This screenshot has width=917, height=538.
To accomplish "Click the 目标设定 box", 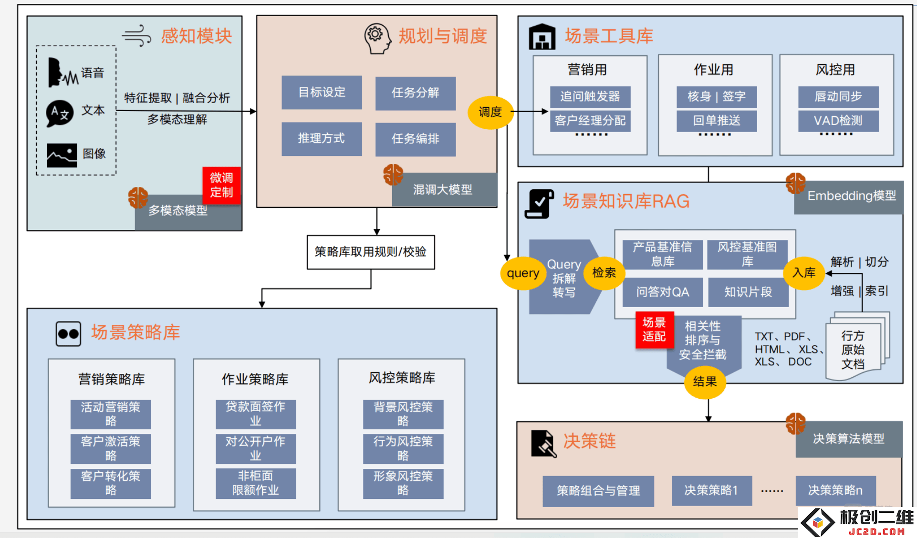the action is pos(322,92).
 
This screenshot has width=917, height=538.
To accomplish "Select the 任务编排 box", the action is pos(416,139).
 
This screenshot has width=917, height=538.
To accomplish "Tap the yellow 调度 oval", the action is pos(490,112).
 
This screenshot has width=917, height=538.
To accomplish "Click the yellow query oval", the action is pos(523,273).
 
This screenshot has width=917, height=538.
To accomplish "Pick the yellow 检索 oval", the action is pos(604,273).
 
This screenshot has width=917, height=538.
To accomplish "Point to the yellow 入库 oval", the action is pos(804,273).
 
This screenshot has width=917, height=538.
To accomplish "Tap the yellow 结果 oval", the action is pos(705,382).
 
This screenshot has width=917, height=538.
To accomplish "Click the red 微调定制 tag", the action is pos(221,185).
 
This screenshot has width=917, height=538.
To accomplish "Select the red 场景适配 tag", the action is pos(654,330).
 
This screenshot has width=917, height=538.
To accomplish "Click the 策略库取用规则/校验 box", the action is pos(371,252).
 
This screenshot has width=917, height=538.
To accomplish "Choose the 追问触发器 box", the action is pos(590,96).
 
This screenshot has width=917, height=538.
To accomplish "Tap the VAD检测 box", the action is pos(838,121).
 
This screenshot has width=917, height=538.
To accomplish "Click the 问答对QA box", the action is pos(663,292).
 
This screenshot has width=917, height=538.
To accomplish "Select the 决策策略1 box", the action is pos(712,490).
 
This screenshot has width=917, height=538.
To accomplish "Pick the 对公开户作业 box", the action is pos(256,448).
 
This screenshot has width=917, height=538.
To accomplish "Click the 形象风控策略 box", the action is pos(403,483).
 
